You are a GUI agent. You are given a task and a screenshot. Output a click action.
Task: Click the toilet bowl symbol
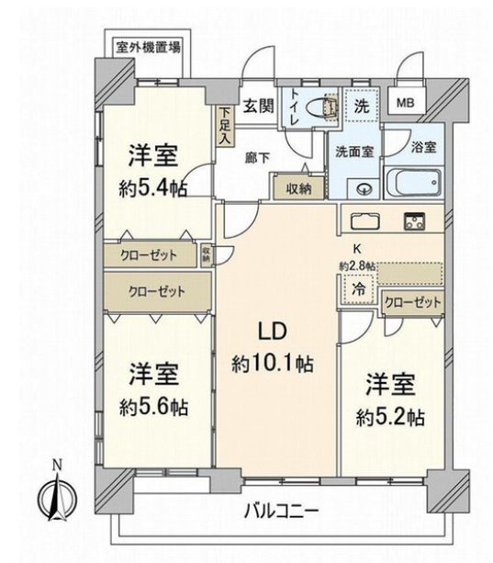322,107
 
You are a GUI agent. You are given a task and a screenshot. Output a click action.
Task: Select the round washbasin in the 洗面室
364,188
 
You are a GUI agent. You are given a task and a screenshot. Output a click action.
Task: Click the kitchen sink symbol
364,220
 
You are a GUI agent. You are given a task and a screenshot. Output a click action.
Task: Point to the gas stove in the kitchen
414,220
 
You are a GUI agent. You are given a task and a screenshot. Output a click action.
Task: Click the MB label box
405,104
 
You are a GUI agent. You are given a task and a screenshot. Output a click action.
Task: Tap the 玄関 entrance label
259,106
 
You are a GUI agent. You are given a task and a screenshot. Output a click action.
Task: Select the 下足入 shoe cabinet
225,126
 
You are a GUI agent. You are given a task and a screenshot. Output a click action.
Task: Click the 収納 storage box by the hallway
298,188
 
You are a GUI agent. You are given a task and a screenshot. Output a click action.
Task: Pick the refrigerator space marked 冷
358,289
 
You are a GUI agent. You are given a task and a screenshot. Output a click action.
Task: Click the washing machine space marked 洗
362,107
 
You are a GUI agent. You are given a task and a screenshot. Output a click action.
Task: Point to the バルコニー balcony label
281,511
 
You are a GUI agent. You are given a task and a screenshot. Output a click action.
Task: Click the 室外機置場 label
148,47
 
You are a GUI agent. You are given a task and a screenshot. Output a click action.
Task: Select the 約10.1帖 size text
273,364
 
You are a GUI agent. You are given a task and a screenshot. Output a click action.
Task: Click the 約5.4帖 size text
152,188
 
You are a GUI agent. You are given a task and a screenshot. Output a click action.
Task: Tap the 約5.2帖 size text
390,418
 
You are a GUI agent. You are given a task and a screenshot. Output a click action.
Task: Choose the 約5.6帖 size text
153,407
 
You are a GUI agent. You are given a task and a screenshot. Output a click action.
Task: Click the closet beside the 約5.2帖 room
412,303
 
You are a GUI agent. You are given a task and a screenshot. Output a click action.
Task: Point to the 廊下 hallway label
258,158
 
